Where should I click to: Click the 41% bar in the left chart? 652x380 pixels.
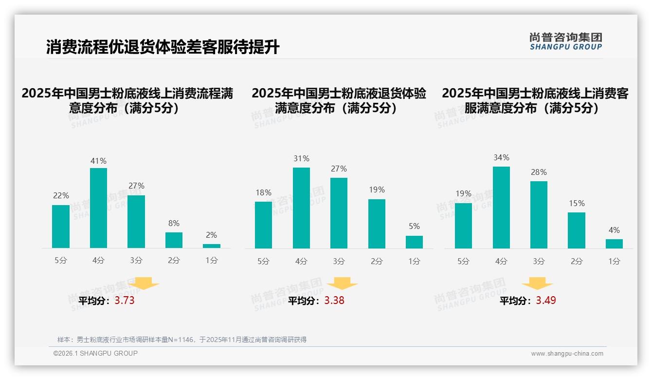(98, 208)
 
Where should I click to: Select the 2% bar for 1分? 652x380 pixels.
(212, 246)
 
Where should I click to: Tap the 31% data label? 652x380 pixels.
(301, 159)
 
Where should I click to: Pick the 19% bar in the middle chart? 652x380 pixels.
(377, 224)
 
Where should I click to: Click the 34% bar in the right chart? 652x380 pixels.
(501, 208)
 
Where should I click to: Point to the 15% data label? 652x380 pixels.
(577, 203)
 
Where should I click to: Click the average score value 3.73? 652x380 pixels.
(125, 301)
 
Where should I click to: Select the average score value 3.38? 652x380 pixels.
(334, 301)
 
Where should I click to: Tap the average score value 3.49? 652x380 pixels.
(546, 301)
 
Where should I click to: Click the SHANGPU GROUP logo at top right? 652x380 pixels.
(566, 41)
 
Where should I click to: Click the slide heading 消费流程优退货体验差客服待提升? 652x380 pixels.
(163, 47)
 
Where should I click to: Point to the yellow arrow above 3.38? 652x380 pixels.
(342, 284)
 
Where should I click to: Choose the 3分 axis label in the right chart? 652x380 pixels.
(539, 262)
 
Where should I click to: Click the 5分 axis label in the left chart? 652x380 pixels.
(61, 261)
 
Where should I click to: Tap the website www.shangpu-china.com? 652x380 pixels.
(567, 354)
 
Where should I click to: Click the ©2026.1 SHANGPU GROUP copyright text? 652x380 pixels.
(95, 353)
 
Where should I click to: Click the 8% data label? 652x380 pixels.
(174, 224)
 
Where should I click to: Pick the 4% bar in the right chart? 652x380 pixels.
(614, 244)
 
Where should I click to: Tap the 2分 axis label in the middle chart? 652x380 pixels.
(377, 262)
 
